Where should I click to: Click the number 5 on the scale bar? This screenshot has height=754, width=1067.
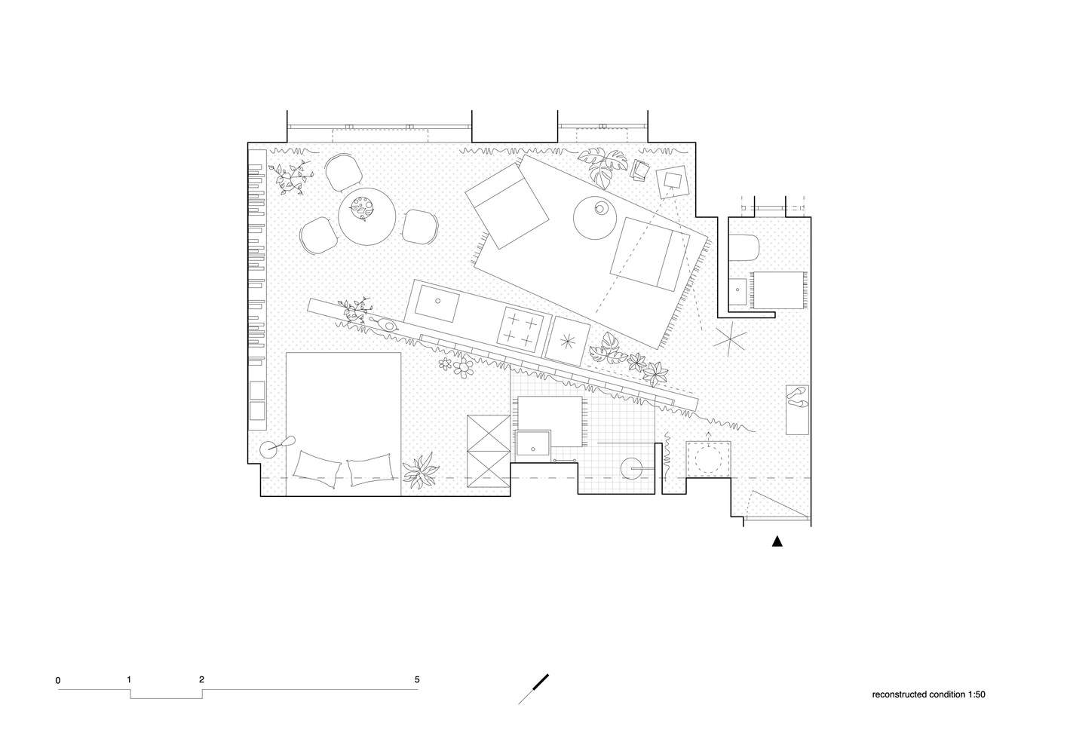(417, 679)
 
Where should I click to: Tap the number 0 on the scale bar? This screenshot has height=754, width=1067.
(58, 681)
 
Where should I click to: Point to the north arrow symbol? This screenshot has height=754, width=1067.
(534, 688)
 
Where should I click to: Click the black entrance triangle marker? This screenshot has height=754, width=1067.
(777, 541)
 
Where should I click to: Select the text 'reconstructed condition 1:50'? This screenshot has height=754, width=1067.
(928, 694)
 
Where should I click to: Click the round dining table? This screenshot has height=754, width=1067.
(366, 216)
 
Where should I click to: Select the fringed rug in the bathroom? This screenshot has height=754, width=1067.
(779, 290)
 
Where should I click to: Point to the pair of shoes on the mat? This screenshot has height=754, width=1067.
(797, 397)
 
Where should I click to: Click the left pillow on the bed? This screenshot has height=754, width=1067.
(317, 469)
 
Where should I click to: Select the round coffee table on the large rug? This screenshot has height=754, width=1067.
(595, 218)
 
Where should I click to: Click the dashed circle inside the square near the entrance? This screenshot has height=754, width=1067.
(708, 459)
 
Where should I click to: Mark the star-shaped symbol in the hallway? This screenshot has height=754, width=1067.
(728, 339)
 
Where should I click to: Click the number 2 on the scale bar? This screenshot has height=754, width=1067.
(201, 679)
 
